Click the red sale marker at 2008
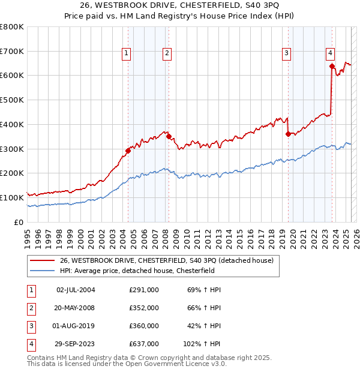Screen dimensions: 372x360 (x=169, y=136)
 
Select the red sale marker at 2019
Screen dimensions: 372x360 (x=288, y=134)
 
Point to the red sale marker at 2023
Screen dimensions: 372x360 (x=332, y=66)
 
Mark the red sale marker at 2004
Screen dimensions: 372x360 (x=128, y=151)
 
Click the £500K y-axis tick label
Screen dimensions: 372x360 (x=12, y=100)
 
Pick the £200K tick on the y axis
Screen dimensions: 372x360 (x=12, y=173)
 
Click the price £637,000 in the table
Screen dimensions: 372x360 (x=144, y=344)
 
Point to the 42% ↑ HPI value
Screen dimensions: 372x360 (x=203, y=326)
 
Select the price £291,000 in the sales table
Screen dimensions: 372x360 (x=144, y=289)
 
